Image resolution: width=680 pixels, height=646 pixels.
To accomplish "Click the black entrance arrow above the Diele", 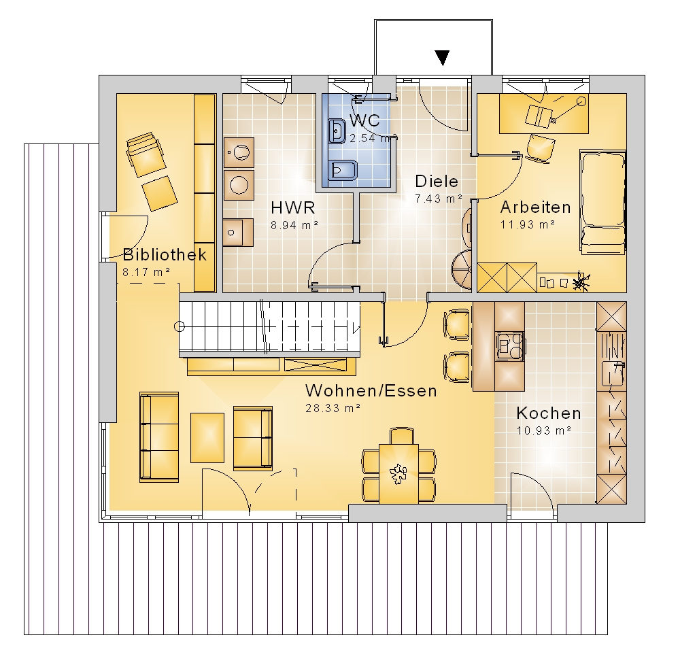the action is [442, 58].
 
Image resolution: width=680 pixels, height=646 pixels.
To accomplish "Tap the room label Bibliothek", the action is [165, 254].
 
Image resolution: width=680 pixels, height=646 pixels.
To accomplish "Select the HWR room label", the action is [292, 207].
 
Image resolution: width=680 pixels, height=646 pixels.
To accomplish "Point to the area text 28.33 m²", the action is [333, 408].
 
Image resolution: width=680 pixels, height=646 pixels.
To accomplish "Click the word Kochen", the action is [549, 413].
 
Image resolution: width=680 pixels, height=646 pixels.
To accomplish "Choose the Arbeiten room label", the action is [536, 207].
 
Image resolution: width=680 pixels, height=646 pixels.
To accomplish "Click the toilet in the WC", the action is [343, 171].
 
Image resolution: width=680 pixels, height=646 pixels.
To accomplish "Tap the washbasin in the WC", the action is [337, 131].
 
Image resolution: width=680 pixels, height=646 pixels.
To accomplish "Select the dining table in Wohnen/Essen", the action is [398, 473].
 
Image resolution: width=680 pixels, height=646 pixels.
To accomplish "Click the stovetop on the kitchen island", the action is [509, 346].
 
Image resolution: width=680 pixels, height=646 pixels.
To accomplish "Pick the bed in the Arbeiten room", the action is [602, 201].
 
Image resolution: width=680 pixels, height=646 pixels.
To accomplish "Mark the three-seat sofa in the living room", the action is [158, 437].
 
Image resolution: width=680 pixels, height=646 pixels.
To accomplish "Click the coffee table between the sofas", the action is [207, 437].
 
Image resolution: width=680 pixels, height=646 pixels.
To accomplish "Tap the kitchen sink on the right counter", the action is [613, 373].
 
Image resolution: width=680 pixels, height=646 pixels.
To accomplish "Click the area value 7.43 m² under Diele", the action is [438, 199].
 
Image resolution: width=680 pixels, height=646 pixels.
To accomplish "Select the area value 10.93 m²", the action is [543, 430].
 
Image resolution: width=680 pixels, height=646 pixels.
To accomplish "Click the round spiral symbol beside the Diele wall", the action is [462, 269].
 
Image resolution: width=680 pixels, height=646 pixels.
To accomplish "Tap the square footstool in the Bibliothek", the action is [160, 193].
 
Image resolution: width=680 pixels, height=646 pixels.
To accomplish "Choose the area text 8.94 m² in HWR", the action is [294, 225].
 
